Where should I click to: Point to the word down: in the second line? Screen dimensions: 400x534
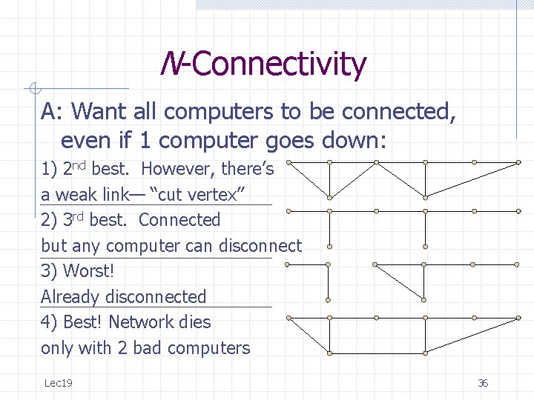coord(359,140)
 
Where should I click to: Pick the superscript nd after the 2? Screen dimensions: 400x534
coord(77,165)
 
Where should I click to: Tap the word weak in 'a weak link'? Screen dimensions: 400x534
coord(75,195)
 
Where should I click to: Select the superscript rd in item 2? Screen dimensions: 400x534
coord(76,216)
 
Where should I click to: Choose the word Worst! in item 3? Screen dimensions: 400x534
coord(88,271)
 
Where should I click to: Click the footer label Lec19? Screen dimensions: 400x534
coord(58,383)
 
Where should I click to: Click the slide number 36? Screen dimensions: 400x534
coord(483,383)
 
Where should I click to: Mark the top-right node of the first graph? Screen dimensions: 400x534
coord(518,161)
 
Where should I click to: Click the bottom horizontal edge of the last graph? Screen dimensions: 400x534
coord(424,351)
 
